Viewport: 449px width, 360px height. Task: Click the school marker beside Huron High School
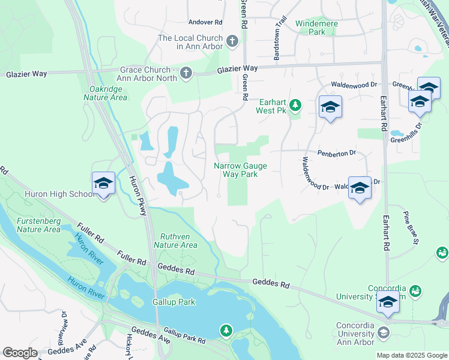103,184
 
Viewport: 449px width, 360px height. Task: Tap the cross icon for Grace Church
186,73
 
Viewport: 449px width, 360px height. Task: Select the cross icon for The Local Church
233,41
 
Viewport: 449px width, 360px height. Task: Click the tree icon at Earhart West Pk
295,106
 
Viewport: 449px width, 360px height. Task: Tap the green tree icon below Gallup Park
226,331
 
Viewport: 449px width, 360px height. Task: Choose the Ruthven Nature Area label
175,240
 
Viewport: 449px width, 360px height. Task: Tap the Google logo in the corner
20,353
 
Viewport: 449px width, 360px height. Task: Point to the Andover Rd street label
205,22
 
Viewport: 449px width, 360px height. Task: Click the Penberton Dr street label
337,153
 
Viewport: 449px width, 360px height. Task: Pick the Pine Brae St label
411,229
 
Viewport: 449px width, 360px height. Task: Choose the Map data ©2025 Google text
411,355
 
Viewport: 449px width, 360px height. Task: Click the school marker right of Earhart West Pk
330,108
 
